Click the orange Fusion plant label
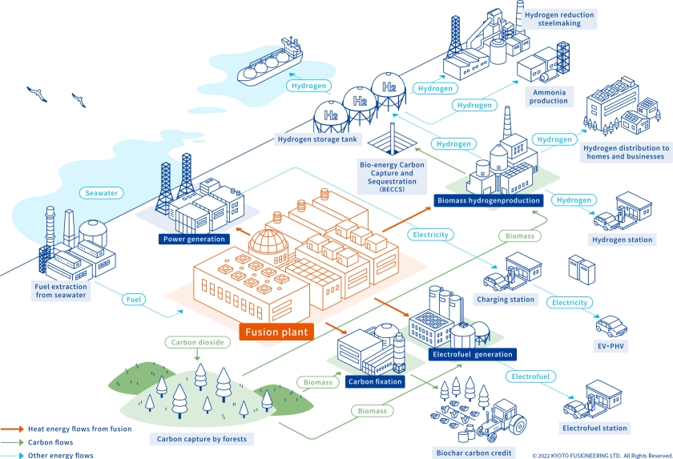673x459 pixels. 275,331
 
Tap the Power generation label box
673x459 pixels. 195,239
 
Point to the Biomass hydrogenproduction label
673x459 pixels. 488,199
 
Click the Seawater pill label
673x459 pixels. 103,193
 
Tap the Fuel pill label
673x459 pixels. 135,299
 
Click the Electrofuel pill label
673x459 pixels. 530,375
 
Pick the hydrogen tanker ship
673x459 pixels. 270,65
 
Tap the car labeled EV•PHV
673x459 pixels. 611,326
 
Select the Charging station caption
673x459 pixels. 505,300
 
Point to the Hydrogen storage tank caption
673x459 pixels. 318,139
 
